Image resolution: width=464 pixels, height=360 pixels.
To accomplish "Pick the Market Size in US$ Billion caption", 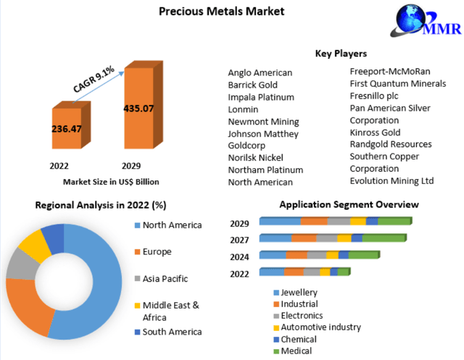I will [x=110, y=181].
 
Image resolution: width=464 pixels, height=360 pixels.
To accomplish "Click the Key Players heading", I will [x=340, y=54].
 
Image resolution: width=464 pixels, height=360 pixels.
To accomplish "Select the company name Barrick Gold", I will [x=252, y=85].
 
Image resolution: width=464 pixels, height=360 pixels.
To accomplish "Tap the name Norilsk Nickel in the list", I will [x=255, y=157].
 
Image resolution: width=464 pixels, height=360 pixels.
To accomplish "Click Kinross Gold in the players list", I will [x=375, y=133].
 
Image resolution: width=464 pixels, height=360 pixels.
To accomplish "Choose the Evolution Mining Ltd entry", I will [x=391, y=180].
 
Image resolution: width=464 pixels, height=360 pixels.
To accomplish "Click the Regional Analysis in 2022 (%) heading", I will [x=101, y=206].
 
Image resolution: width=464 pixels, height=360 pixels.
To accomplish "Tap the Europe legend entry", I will [x=157, y=251].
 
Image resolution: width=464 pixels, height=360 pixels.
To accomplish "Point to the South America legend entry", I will [x=172, y=332].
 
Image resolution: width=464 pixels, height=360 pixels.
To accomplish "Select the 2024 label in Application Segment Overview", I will [x=240, y=256].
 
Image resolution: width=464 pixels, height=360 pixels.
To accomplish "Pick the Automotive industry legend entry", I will [x=320, y=327].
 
